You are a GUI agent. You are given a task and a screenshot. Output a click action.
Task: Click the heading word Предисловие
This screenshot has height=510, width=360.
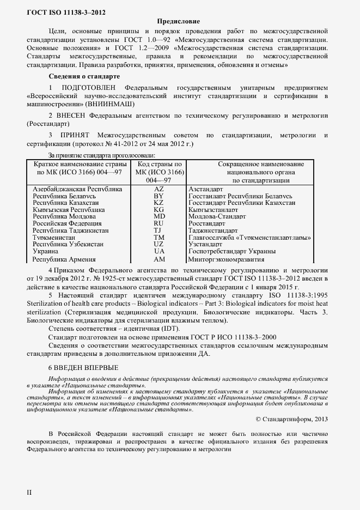tap(178, 21)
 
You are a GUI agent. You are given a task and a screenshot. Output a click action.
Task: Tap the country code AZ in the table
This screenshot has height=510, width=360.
tap(158, 189)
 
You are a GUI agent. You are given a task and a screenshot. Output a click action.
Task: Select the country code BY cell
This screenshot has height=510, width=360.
tap(158, 196)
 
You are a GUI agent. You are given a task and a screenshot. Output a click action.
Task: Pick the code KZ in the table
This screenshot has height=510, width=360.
tap(158, 203)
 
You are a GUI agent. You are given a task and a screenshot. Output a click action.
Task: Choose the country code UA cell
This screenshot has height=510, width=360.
tap(158, 251)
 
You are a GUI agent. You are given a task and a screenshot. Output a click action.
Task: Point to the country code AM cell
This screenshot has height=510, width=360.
tap(158, 259)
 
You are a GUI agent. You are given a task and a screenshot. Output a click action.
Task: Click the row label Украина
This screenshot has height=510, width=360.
tap(46, 251)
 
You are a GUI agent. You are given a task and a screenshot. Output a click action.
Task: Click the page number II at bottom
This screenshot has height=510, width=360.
tap(29, 492)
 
